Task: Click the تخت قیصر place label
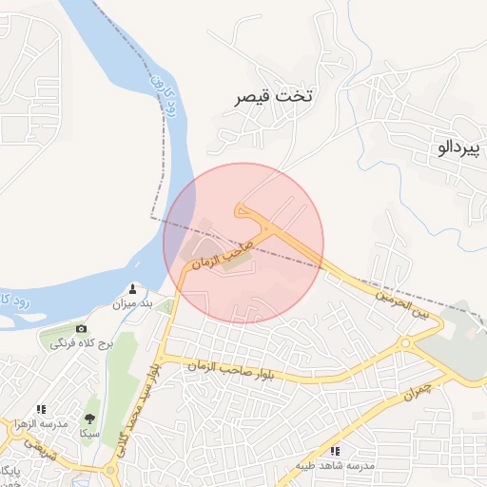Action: pos(275,96)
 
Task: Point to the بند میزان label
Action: pos(133,304)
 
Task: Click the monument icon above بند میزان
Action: pos(132,289)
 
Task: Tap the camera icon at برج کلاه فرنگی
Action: pos(81,328)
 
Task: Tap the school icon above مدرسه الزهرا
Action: pos(42,409)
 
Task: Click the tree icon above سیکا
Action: pos(90,419)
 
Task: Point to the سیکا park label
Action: pos(90,433)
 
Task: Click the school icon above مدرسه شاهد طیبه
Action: pos(335,451)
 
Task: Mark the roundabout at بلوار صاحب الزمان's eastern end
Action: pos(406,342)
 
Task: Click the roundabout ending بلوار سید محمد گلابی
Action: pos(113,470)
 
